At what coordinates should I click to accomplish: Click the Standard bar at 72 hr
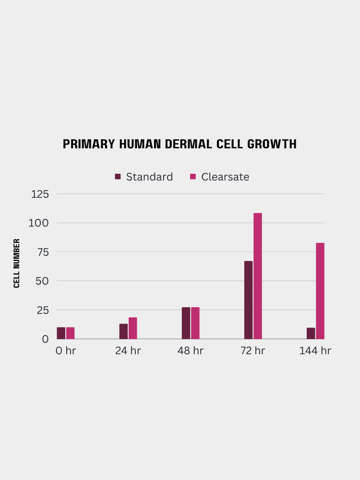coord(248,300)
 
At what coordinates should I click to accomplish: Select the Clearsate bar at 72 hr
coord(258,276)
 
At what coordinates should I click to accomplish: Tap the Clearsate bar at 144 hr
coord(320,291)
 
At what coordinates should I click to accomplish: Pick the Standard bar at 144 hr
coord(311,333)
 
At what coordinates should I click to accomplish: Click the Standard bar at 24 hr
coord(123,331)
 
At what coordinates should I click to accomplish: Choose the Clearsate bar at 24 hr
coord(132,328)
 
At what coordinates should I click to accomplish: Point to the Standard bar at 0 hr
coord(61,333)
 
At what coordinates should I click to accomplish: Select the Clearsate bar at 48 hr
coord(195,323)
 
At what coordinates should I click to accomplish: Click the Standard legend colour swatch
coord(118,177)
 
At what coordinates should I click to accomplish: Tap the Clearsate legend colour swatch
coord(193,177)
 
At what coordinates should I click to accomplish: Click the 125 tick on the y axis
coord(40,194)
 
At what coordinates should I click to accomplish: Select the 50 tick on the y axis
coord(42,281)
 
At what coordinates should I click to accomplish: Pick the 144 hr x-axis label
coord(315,351)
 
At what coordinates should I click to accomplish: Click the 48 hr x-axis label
coord(191,351)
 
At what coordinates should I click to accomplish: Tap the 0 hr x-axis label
coord(66,351)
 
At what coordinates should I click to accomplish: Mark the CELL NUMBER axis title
coord(17,263)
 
